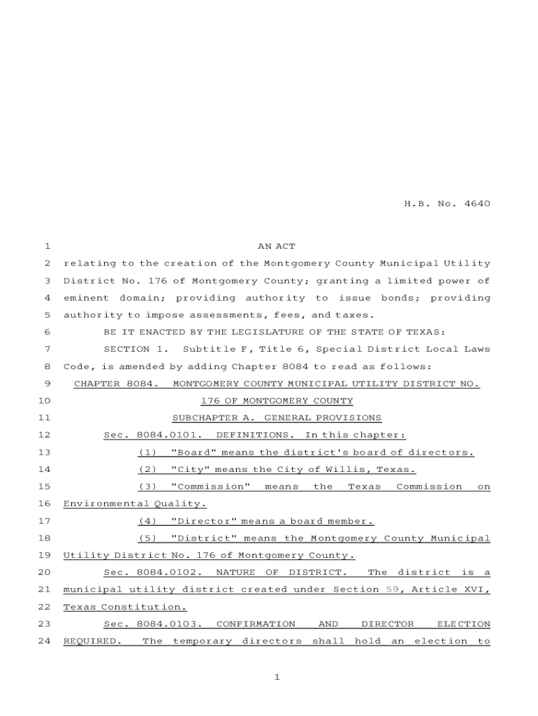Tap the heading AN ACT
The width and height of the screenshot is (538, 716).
(x=277, y=246)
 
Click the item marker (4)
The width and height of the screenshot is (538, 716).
(x=147, y=521)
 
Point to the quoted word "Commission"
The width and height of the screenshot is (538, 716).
(x=210, y=487)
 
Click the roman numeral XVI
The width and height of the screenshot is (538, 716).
(x=475, y=589)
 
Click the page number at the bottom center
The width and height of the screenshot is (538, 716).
(x=277, y=677)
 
